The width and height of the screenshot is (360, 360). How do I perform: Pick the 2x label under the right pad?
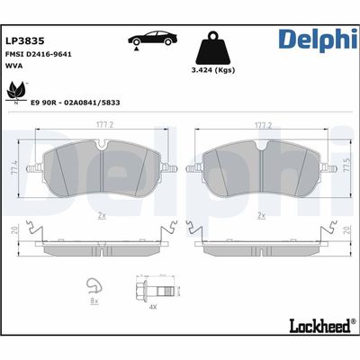(x=261, y=216)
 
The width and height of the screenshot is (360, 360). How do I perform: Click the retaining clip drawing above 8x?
(x=93, y=289)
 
